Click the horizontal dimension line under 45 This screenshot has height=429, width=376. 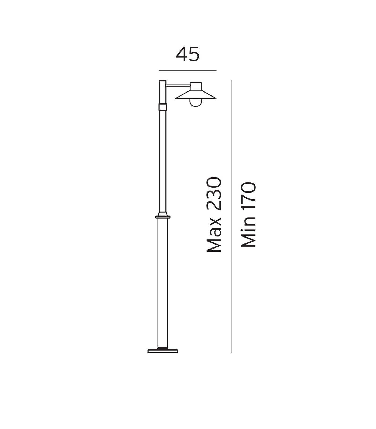(x=187, y=71)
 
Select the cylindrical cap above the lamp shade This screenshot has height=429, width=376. (x=196, y=86)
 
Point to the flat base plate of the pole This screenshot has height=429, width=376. (x=163, y=350)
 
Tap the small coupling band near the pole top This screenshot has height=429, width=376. (x=162, y=107)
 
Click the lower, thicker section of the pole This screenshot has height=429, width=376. (x=162, y=282)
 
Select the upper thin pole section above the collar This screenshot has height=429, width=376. (x=162, y=161)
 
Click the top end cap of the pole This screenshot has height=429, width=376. (x=162, y=81)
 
